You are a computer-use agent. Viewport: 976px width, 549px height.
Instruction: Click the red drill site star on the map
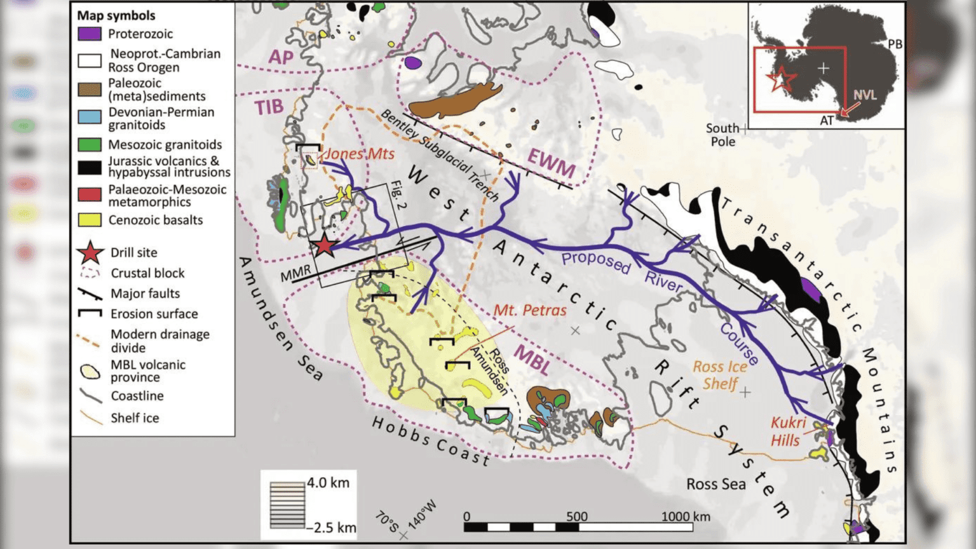click(x=324, y=245)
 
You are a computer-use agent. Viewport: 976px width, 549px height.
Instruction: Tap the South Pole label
click(x=722, y=135)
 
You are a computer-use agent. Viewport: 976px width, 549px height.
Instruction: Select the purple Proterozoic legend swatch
click(x=90, y=34)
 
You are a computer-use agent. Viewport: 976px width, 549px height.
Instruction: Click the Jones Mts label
click(x=359, y=153)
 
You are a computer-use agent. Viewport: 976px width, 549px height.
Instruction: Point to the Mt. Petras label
click(x=530, y=310)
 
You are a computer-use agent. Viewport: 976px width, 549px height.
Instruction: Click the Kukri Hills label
click(x=787, y=431)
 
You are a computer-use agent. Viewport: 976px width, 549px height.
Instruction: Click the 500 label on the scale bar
click(x=576, y=516)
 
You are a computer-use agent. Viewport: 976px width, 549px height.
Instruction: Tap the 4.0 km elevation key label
click(x=328, y=483)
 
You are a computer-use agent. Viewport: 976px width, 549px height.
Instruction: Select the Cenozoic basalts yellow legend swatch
click(x=90, y=220)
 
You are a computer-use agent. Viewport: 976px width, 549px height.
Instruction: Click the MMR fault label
click(x=295, y=273)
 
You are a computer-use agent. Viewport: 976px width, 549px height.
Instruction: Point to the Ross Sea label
click(x=715, y=484)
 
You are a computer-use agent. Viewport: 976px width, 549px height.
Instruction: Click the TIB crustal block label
click(x=269, y=106)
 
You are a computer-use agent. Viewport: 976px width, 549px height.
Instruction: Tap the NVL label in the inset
click(x=865, y=95)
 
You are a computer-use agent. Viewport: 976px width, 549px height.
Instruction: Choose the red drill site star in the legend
click(x=90, y=252)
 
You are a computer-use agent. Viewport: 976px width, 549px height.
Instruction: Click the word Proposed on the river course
click(x=595, y=261)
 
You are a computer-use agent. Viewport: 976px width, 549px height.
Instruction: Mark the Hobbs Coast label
click(x=430, y=441)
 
